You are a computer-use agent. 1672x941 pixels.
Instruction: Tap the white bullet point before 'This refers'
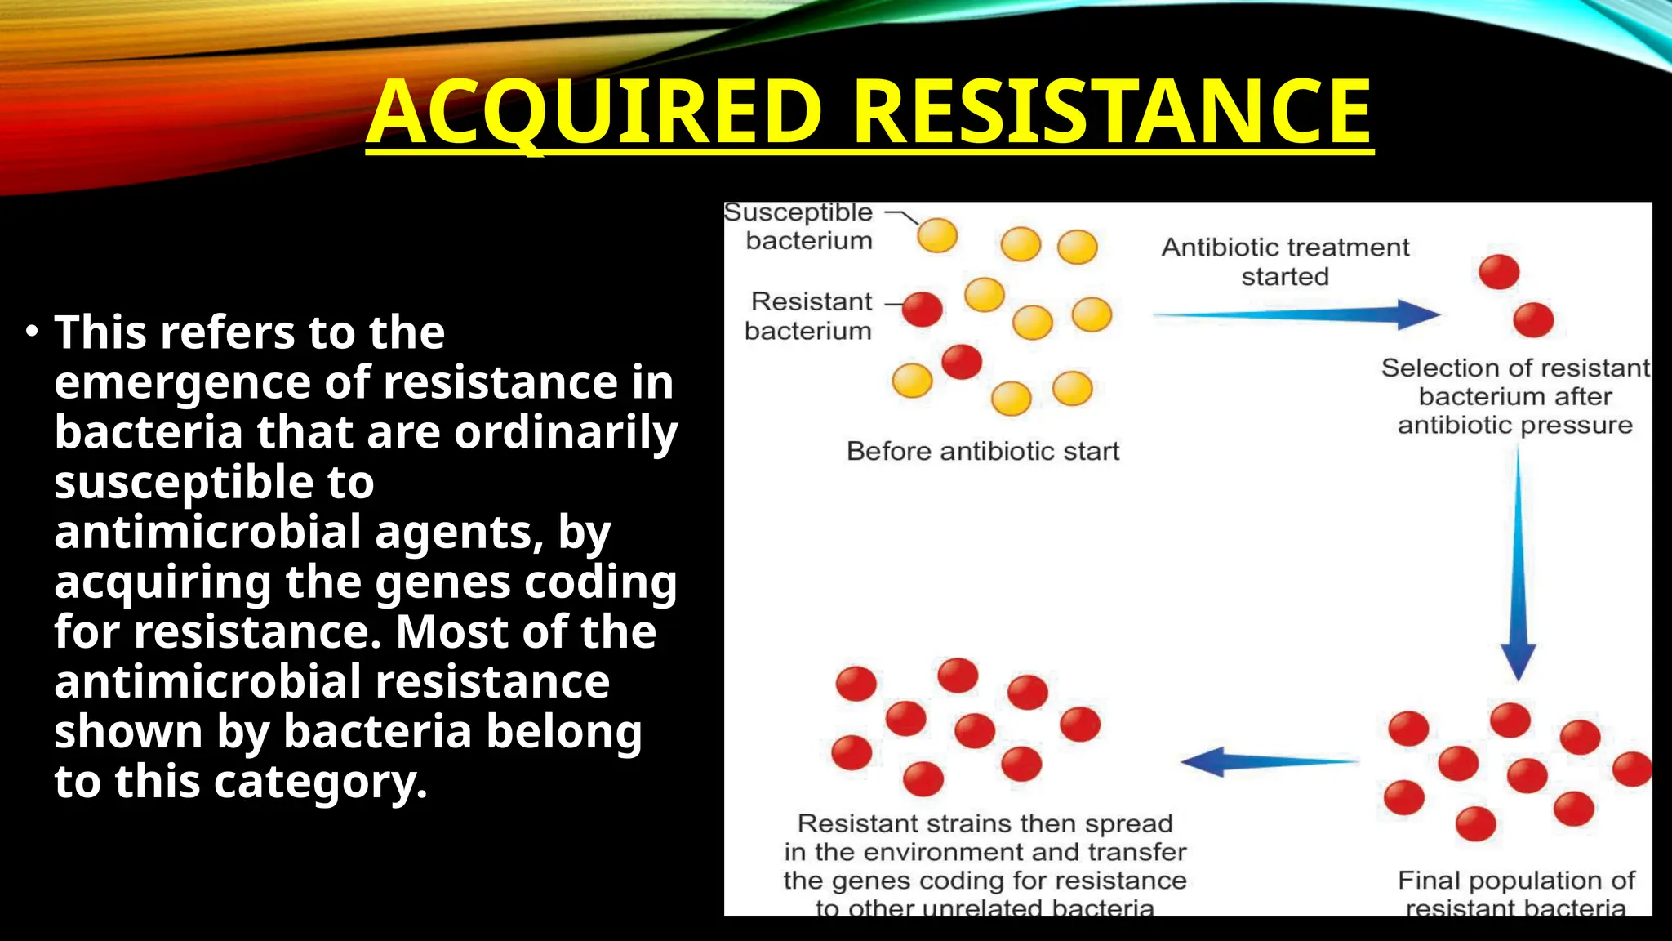[32, 332]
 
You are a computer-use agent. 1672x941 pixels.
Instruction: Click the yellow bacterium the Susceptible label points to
[936, 235]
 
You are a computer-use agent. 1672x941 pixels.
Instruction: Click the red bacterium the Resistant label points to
[923, 309]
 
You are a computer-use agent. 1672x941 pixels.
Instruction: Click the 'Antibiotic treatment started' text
[1285, 261]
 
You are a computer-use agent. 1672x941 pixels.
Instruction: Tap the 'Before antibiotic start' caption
[982, 451]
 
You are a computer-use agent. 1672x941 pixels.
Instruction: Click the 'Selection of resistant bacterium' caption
[1515, 396]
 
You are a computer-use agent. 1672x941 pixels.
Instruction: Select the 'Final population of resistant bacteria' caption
[1516, 894]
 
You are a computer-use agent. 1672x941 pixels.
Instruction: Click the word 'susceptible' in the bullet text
[214, 482]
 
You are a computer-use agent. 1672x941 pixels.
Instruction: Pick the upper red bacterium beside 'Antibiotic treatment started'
[1499, 271]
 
